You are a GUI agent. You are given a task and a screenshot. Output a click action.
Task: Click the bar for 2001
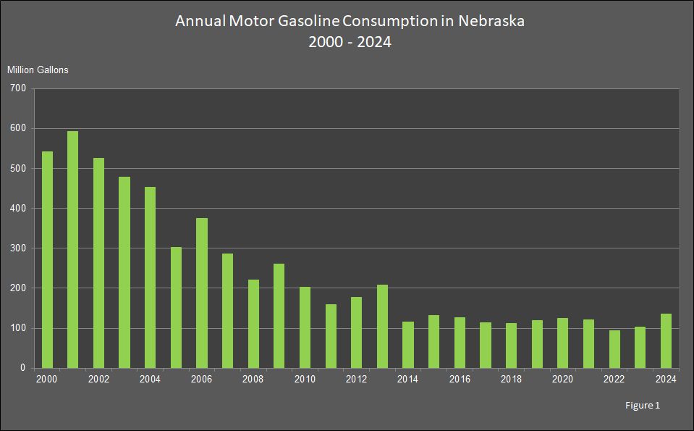tap(73, 250)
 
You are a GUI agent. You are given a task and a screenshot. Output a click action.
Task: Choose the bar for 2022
tap(614, 349)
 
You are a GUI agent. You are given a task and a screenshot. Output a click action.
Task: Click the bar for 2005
tap(176, 307)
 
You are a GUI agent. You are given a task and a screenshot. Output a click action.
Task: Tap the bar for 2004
tap(151, 277)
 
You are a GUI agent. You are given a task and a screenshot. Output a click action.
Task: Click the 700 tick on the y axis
tap(18, 88)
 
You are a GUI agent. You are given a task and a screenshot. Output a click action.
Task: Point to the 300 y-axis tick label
tap(18, 248)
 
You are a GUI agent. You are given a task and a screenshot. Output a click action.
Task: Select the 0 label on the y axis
tap(22, 368)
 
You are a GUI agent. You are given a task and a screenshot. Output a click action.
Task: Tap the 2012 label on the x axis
tap(356, 379)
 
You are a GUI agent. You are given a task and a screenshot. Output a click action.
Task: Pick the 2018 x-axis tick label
tap(511, 379)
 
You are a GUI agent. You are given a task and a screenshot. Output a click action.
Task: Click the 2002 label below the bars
tap(98, 379)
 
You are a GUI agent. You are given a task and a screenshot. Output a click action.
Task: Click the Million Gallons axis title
tap(38, 70)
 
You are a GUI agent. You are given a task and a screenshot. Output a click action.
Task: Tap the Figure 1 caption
tap(643, 406)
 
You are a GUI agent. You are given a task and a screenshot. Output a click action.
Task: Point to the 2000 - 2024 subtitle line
tap(350, 42)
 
